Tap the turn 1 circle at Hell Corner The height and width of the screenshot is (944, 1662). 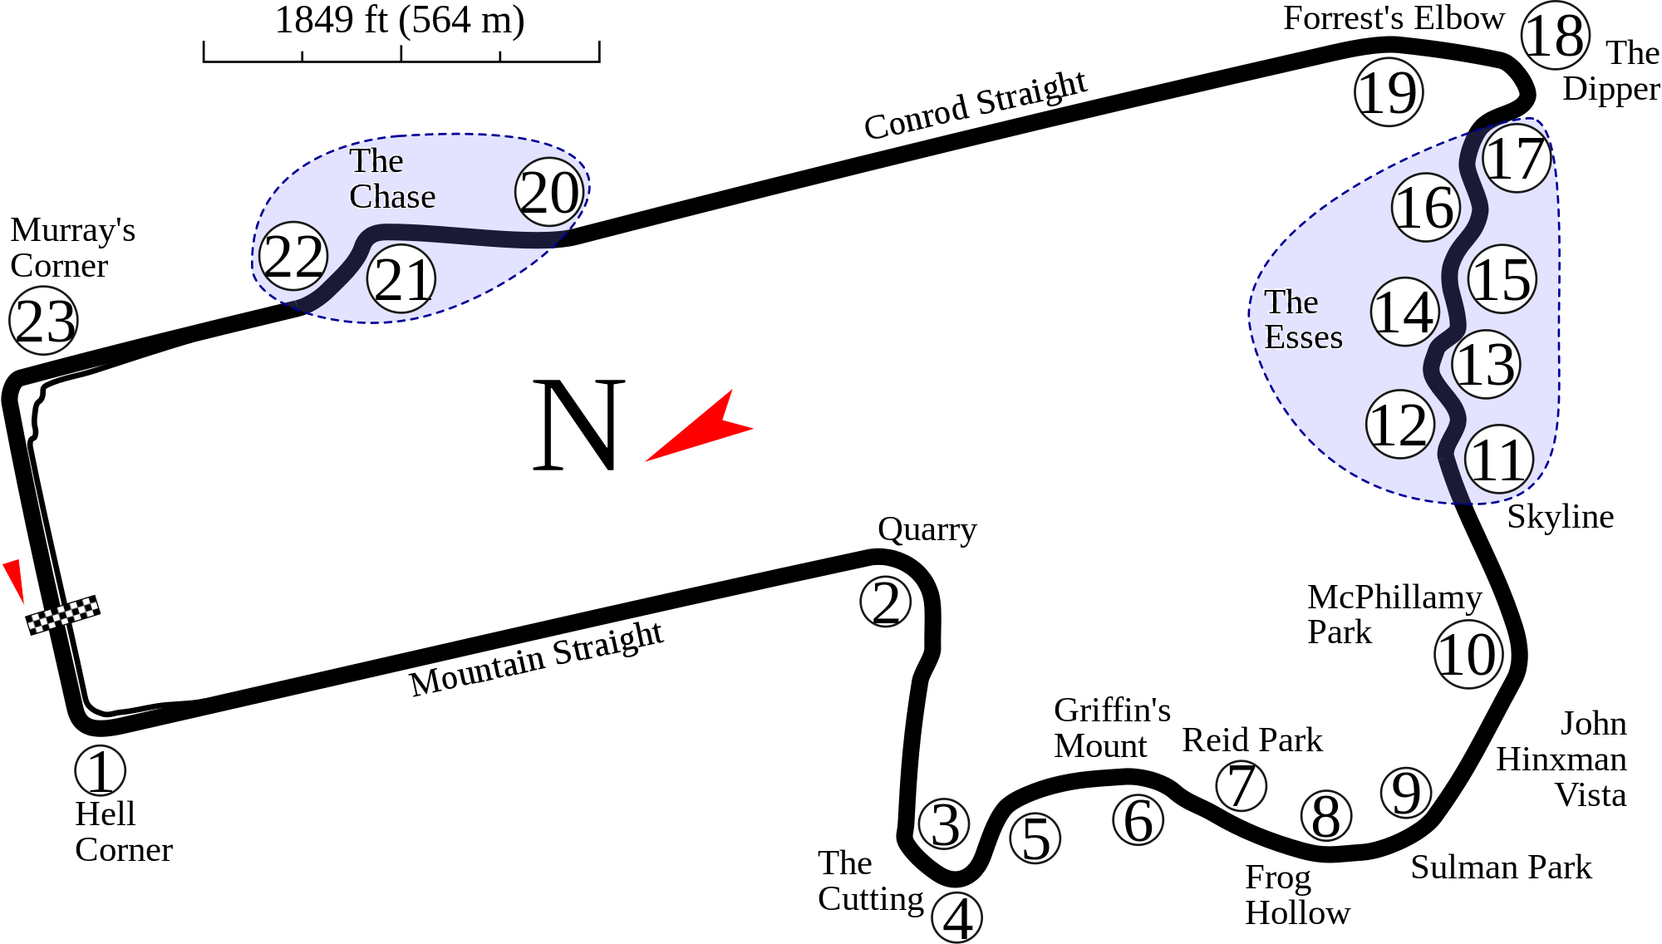pyautogui.click(x=100, y=770)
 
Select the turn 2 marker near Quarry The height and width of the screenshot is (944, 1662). pyautogui.click(x=886, y=602)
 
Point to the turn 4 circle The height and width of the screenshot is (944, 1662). pyautogui.click(x=957, y=917)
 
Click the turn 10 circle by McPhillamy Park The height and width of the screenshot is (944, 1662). pyautogui.click(x=1468, y=654)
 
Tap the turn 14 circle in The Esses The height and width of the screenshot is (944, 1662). pyautogui.click(x=1404, y=312)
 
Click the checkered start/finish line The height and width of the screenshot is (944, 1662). pyautogui.click(x=63, y=615)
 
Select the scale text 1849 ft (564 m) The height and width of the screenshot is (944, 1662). pyautogui.click(x=400, y=20)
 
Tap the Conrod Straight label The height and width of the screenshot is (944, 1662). pyautogui.click(x=976, y=106)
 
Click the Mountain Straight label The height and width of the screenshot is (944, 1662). pyautogui.click(x=538, y=659)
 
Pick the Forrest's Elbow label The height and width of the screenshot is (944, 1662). pyautogui.click(x=1393, y=18)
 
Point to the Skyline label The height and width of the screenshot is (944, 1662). pyautogui.click(x=1560, y=516)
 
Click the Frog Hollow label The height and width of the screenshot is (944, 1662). pyautogui.click(x=1296, y=896)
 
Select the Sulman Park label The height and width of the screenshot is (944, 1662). pyautogui.click(x=1501, y=868)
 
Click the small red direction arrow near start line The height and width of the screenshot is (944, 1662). pyautogui.click(x=14, y=580)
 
